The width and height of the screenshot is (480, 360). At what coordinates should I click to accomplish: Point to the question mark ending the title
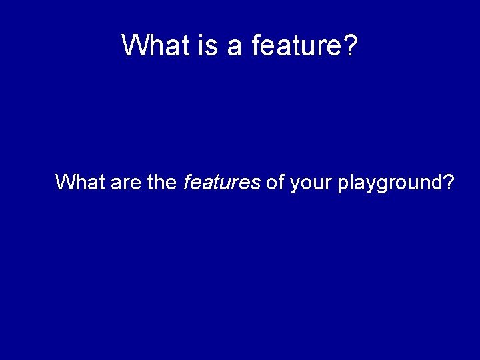[x=351, y=45]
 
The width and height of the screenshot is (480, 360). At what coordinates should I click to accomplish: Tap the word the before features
[x=161, y=181]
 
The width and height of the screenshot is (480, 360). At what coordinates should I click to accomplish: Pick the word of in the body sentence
[x=275, y=181]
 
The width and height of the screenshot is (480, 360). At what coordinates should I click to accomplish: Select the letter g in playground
[x=384, y=185]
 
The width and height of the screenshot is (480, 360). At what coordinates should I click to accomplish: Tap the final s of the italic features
[x=256, y=183]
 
